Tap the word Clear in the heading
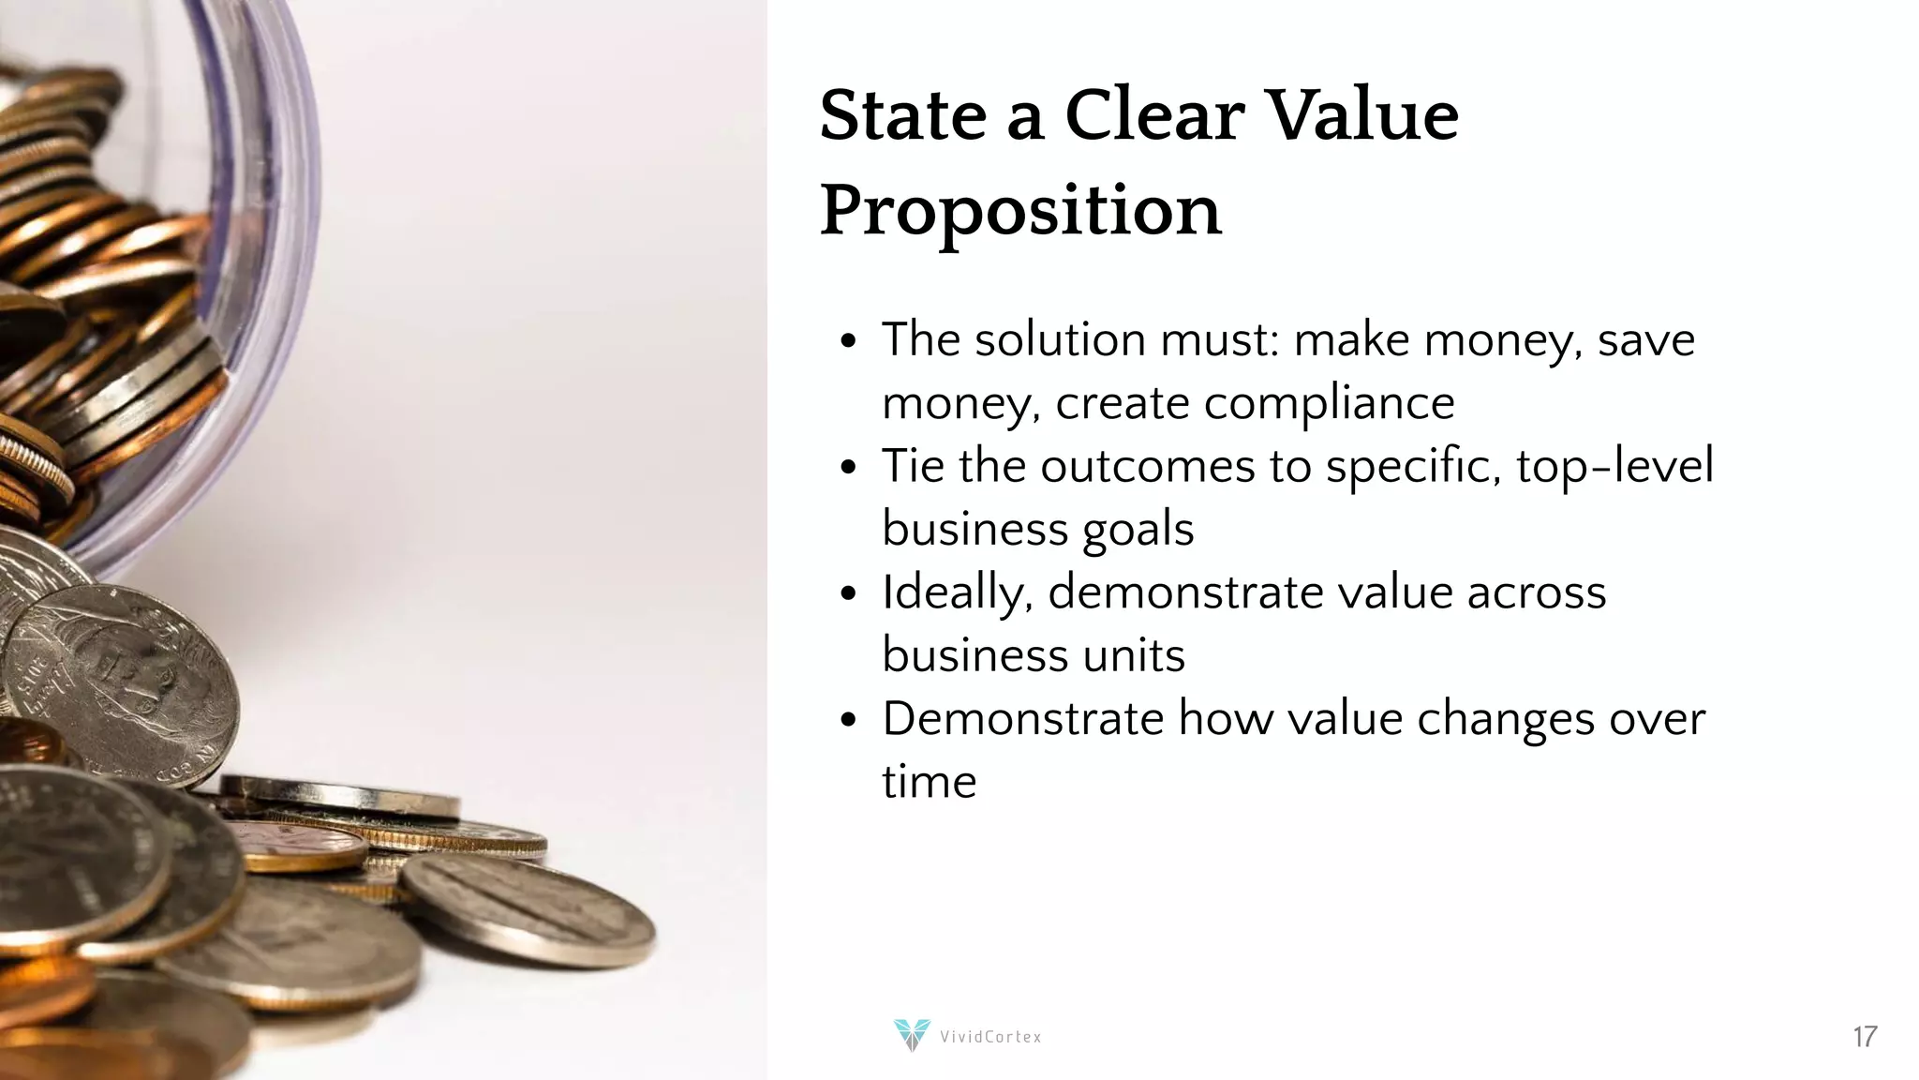coord(1154,116)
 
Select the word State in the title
coord(903,116)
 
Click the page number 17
coord(1864,1037)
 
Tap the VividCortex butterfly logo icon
coord(911,1035)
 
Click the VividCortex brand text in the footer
coord(990,1037)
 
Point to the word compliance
coord(1329,403)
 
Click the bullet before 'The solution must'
coord(848,341)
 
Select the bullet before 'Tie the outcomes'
coord(848,467)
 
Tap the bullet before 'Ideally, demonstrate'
coord(848,593)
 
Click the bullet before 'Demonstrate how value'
coord(848,720)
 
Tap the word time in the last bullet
coord(929,782)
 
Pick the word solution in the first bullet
coord(1060,339)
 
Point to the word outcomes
coord(1147,466)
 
